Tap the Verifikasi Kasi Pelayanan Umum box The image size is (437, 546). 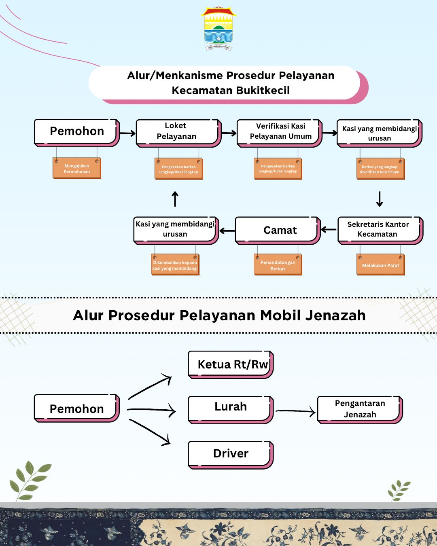tap(279, 132)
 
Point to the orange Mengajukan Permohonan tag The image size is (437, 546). tap(76, 169)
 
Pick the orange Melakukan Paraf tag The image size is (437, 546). tap(380, 265)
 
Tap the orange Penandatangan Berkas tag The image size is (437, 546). tap(278, 265)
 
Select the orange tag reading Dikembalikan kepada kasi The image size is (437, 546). tap(175, 265)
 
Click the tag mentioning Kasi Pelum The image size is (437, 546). tap(380, 169)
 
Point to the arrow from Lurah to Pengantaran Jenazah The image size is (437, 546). tap(295, 411)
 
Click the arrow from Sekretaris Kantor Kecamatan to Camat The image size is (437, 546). tap(329, 230)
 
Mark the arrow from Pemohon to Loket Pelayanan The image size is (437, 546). tap(127, 133)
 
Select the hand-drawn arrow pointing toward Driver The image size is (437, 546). tap(150, 432)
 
